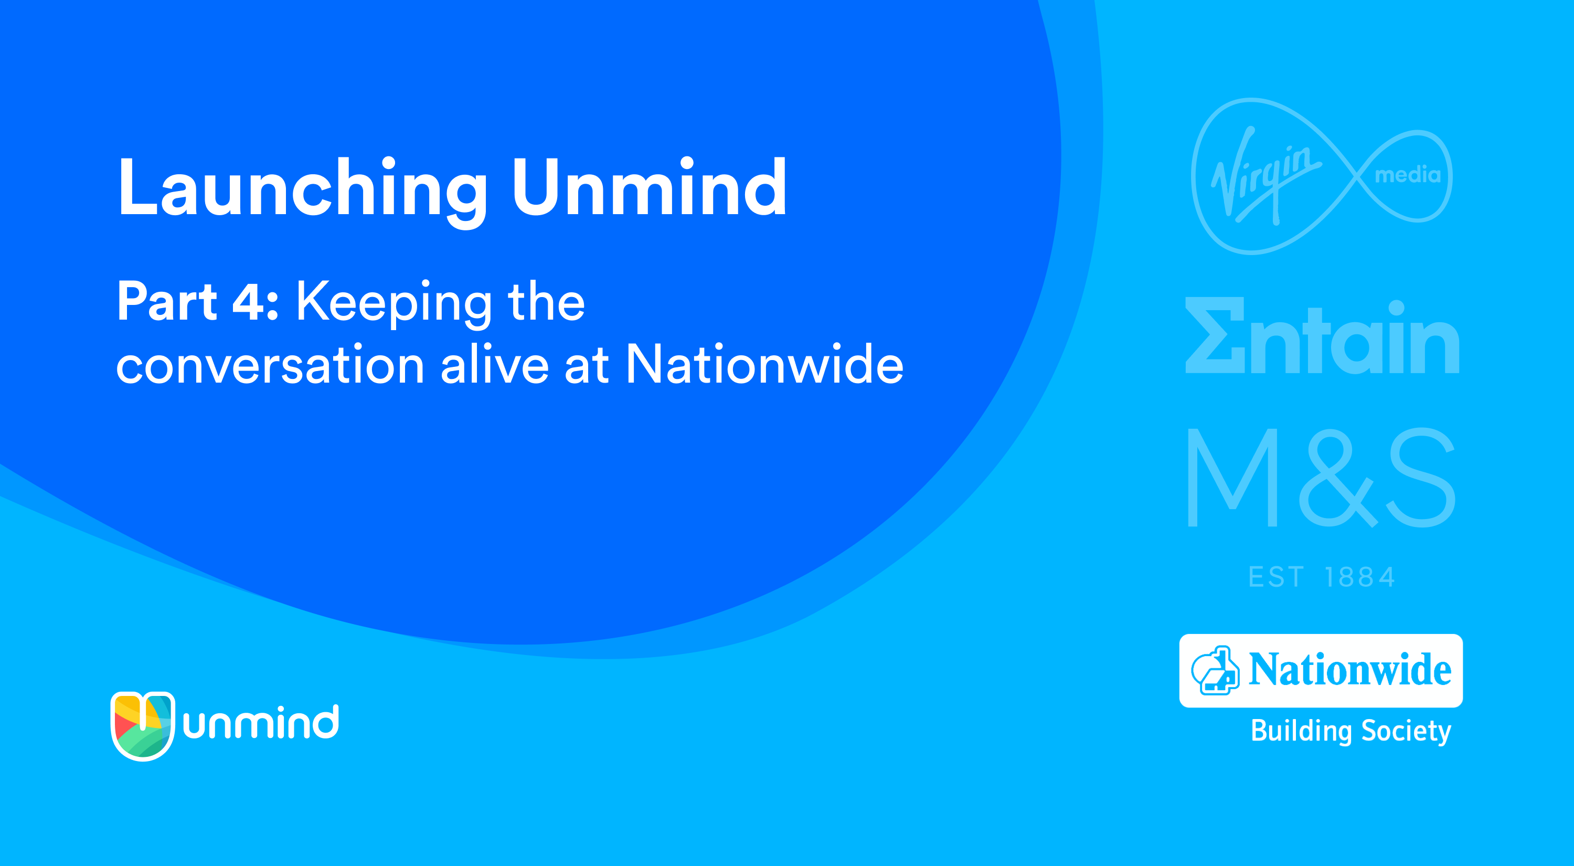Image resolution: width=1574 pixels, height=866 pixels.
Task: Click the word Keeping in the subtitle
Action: pyautogui.click(x=394, y=304)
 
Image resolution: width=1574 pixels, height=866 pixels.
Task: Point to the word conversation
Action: pyautogui.click(x=270, y=364)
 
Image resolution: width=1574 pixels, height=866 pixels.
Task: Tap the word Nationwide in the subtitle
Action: pyautogui.click(x=764, y=363)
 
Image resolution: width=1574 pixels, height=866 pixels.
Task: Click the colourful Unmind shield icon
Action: pyautogui.click(x=142, y=726)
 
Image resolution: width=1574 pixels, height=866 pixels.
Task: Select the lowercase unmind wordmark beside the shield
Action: pyautogui.click(x=261, y=722)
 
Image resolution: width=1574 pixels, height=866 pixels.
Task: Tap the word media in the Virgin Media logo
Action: pyautogui.click(x=1408, y=175)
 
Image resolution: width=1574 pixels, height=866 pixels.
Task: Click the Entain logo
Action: pyautogui.click(x=1322, y=335)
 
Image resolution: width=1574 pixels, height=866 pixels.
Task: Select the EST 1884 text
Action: pyautogui.click(x=1322, y=577)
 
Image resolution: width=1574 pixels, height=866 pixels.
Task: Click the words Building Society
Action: pyautogui.click(x=1351, y=731)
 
